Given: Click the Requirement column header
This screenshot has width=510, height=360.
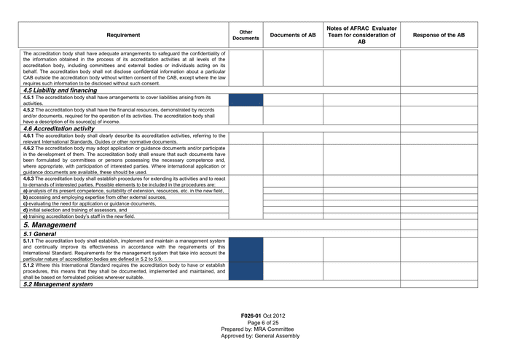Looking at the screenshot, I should point(123,35).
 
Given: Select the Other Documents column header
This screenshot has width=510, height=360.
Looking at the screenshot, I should point(246,35).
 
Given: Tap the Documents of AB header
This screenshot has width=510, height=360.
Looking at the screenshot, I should point(293,35).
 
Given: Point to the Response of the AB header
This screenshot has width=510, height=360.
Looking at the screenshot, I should point(439,35).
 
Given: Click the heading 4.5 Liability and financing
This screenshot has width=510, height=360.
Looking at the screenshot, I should point(60,90).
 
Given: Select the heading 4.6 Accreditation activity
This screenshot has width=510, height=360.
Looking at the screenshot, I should point(58,128).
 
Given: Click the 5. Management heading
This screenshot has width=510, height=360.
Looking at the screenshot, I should point(50,225).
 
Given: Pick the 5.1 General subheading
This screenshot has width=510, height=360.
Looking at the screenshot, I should point(39,234).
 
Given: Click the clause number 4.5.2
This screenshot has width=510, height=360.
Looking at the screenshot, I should point(28,109).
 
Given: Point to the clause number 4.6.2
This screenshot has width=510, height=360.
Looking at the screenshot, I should point(28,147).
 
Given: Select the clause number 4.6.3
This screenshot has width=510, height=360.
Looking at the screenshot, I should point(28,178).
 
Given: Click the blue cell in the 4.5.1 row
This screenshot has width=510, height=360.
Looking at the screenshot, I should point(246,100).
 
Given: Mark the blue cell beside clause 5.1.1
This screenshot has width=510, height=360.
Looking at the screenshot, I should point(246,249).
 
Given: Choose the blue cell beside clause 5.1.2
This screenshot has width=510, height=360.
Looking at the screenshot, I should point(246,271).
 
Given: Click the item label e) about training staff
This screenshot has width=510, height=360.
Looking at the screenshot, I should point(25,216).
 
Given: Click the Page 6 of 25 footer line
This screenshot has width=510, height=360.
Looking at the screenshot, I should point(263,322).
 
